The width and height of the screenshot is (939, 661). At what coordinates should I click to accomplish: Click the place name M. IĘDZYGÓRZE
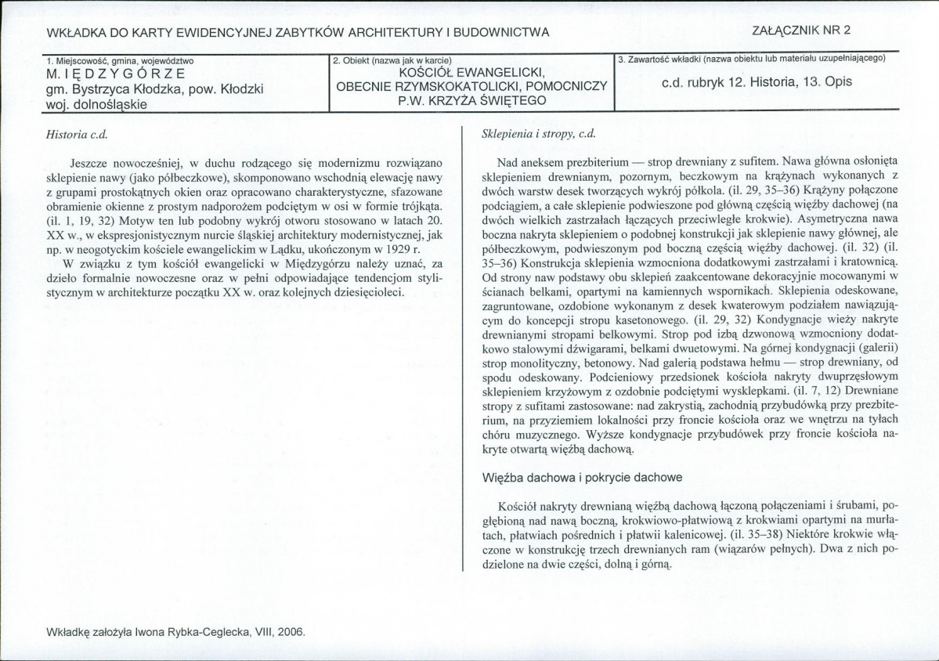[x=116, y=74]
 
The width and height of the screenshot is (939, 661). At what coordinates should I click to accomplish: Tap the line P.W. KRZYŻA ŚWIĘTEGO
[x=471, y=100]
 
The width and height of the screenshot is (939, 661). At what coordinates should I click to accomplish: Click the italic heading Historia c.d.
[x=76, y=134]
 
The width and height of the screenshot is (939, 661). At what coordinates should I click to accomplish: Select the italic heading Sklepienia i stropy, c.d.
[x=539, y=134]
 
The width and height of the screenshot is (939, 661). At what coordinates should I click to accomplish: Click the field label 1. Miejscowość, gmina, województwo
[x=120, y=60]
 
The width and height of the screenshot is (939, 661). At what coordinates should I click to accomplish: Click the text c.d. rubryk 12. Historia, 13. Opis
[x=757, y=81]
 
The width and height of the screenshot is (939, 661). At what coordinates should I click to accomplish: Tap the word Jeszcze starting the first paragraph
[x=90, y=162]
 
